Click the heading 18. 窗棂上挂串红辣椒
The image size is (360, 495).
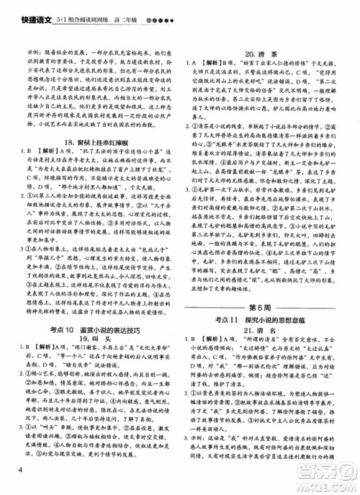pyautogui.click(x=90, y=144)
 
